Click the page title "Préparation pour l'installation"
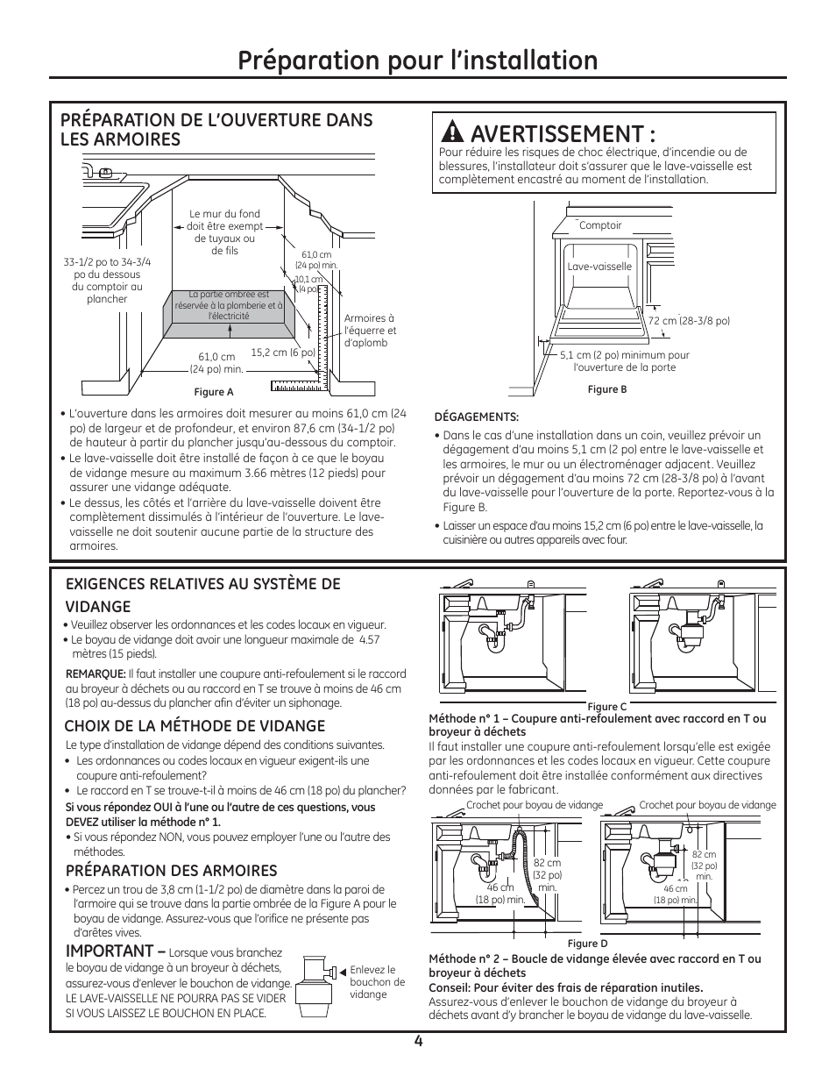pos(418,60)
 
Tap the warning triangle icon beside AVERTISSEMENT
pos(452,133)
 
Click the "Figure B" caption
pos(606,389)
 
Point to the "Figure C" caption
pos(606,707)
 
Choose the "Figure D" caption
pos(587,944)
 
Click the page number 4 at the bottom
pos(419,1041)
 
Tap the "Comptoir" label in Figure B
pos(600,225)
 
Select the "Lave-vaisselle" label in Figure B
pos(599,267)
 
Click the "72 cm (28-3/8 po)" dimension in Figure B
pos(689,321)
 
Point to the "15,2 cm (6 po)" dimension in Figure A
pos(282,353)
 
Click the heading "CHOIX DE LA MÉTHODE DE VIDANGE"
pos(195,725)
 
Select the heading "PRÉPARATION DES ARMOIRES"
pos(171,870)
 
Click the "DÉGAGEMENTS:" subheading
pos(477,417)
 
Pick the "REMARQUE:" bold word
pos(96,673)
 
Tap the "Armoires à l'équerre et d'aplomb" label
pos(370,331)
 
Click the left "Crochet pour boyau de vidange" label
pos(535,805)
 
